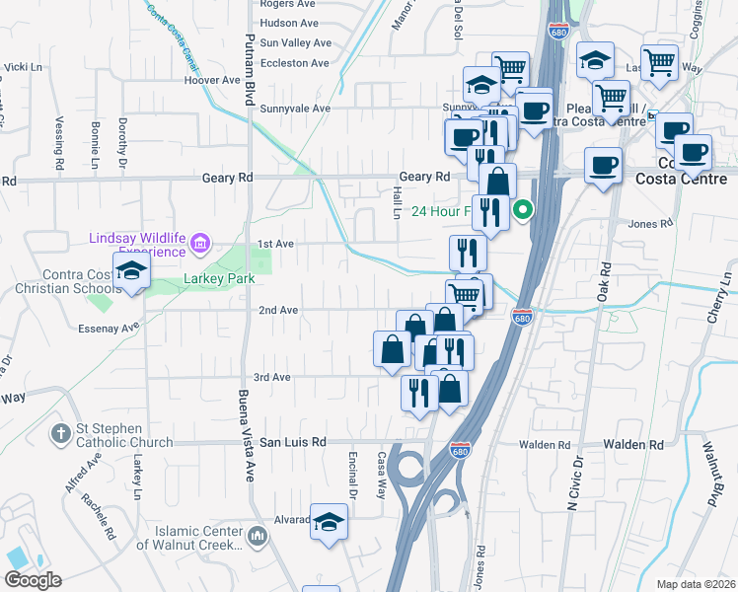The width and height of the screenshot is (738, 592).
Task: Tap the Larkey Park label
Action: coord(219,279)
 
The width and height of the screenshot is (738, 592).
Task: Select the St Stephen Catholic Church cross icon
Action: coord(61,433)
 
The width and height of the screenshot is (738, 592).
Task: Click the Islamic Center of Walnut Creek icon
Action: coord(258,537)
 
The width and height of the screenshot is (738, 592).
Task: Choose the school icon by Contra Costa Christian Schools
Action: coord(130,271)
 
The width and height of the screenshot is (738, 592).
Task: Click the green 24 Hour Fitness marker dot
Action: coord(524,209)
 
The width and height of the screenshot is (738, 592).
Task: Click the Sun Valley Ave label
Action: coord(295,43)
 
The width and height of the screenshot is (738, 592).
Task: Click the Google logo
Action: coord(34,580)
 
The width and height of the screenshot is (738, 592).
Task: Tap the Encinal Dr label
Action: coord(351,481)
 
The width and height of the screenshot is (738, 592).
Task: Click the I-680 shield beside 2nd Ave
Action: coord(523,317)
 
